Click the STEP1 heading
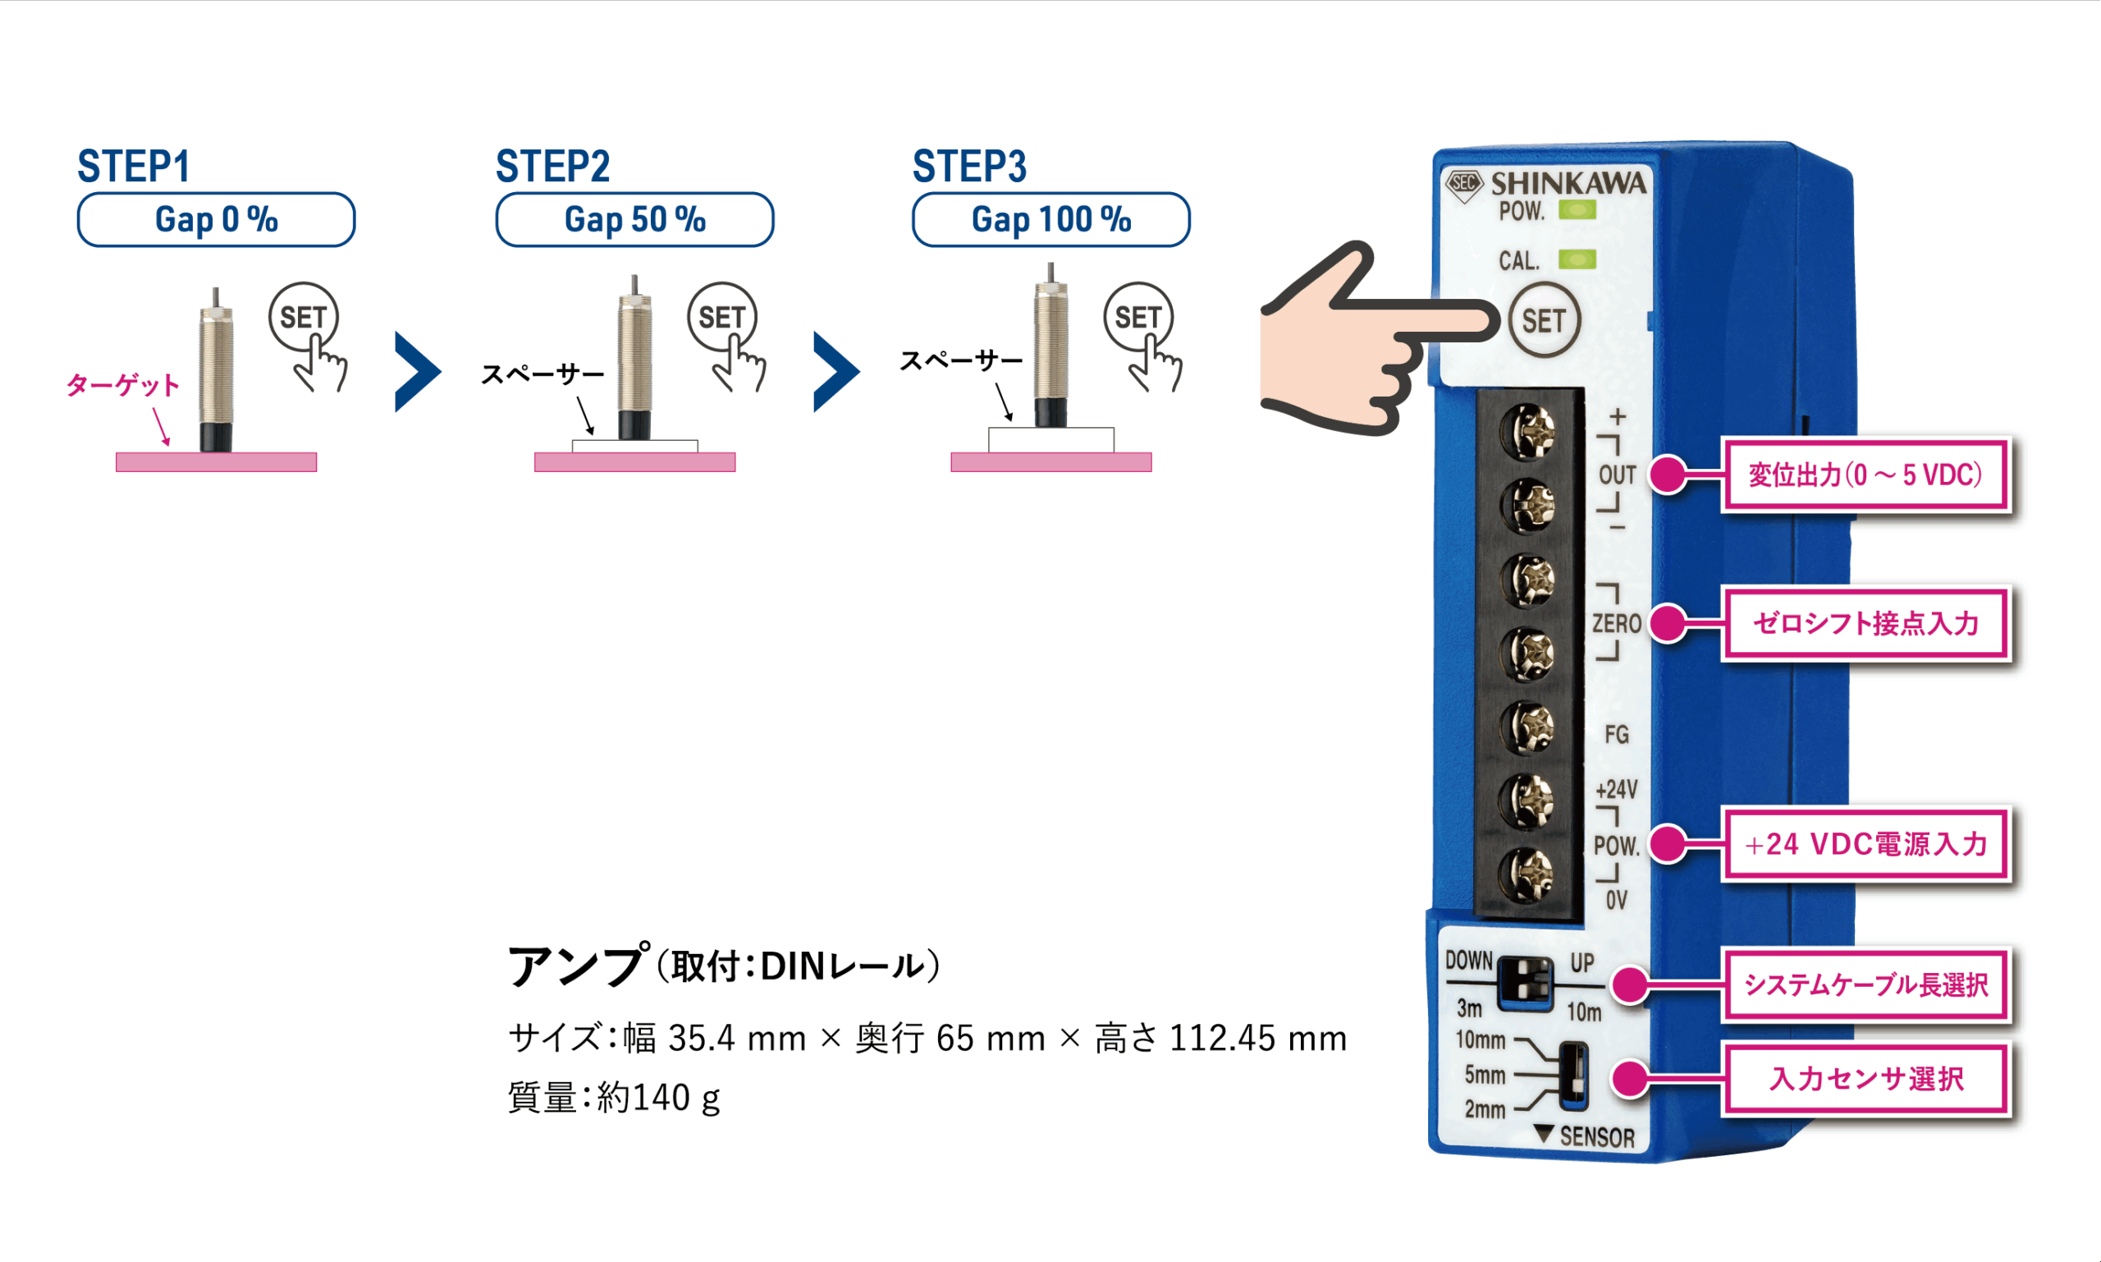coord(134,166)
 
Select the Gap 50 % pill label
coord(634,219)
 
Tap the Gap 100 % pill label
coord(1050,219)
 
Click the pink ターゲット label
coord(122,385)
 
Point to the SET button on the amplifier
coord(1544,320)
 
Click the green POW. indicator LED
coord(1577,209)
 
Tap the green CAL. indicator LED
coord(1577,259)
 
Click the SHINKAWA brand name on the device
coord(1568,184)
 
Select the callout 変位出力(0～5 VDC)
coord(1865,475)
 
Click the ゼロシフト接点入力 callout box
coord(1865,623)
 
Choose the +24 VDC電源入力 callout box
coord(1865,843)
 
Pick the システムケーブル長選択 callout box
coord(1865,984)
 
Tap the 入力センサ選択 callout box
coord(1865,1078)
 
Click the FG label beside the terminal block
coord(1617,734)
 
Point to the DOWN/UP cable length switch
coord(1525,983)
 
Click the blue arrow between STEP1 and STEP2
coord(417,372)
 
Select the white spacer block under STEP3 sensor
coord(1050,439)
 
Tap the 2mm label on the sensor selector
coord(1484,1109)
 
